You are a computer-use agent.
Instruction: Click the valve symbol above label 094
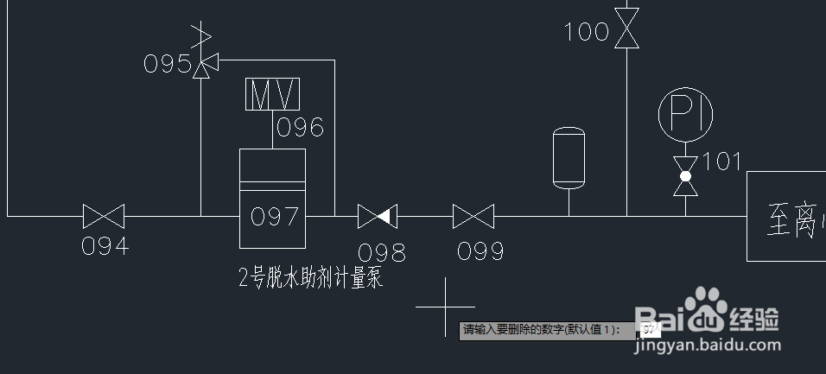coord(104,216)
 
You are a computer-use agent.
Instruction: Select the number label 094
coord(105,246)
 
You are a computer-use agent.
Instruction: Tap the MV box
coord(273,94)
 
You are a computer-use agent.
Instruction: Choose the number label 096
coord(300,129)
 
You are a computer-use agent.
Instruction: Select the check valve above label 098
coord(377,216)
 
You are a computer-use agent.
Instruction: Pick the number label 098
coord(381,251)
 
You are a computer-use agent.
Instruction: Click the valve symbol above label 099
coord(473,216)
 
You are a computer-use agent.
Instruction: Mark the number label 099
coord(480,251)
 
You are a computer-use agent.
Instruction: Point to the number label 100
coord(587,33)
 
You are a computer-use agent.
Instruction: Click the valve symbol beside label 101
coord(686,176)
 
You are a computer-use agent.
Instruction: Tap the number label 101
coord(722,162)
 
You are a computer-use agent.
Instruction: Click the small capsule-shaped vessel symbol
coord(569,158)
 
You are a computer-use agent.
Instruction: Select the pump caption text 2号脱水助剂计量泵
coord(310,278)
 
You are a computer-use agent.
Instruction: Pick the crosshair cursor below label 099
coord(446,307)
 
